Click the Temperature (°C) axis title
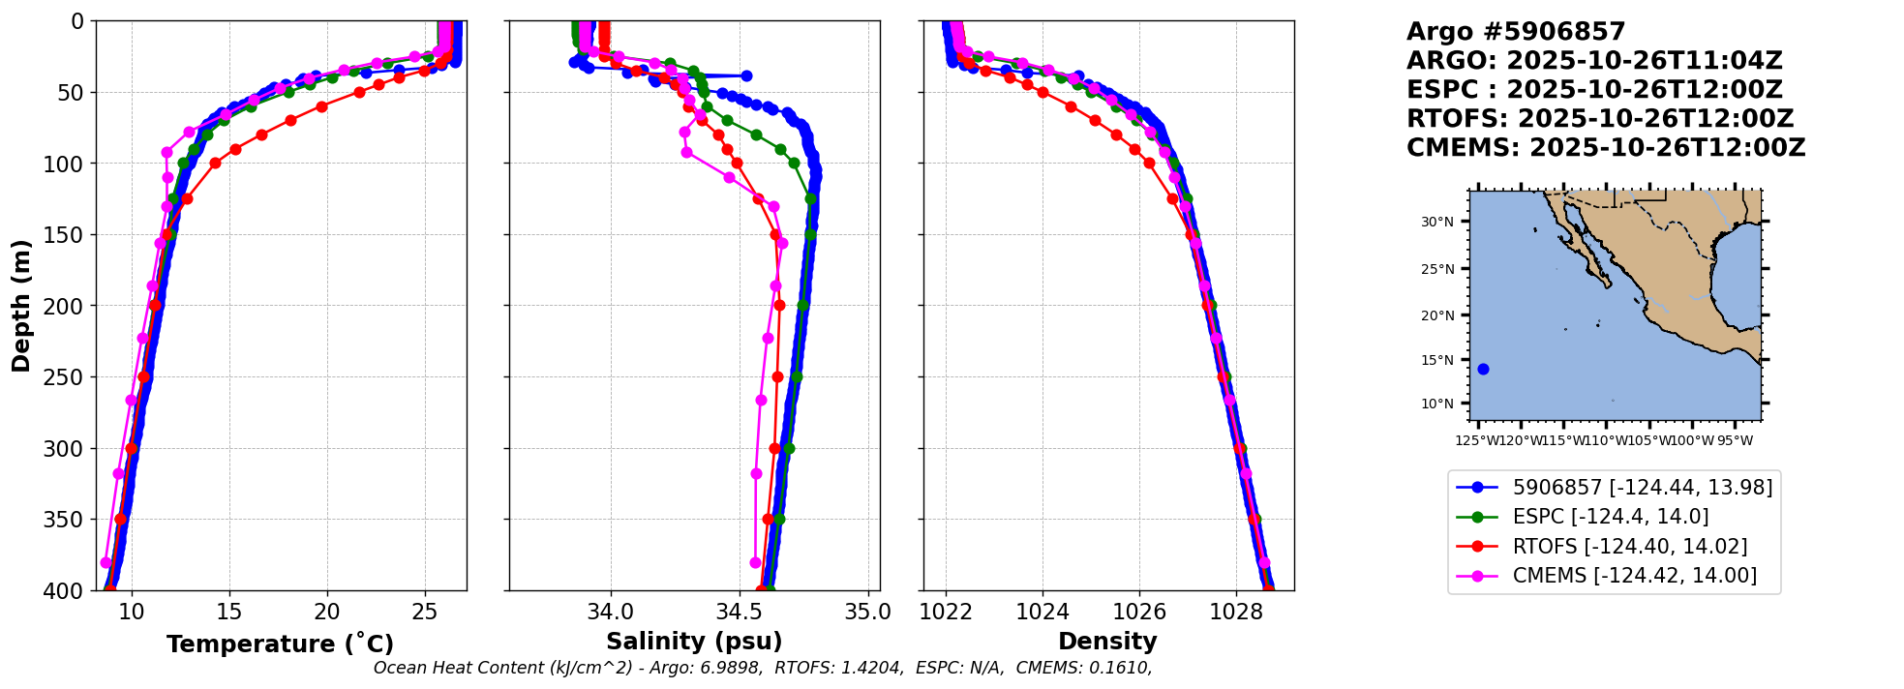click(x=280, y=644)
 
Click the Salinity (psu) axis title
click(x=694, y=642)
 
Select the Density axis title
click(x=1107, y=642)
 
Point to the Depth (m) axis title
click(x=21, y=305)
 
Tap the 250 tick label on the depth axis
click(x=69, y=377)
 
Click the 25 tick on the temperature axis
click(x=425, y=612)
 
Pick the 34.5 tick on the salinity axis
click(x=740, y=612)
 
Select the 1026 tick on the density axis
click(x=1139, y=612)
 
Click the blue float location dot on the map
click(x=1483, y=369)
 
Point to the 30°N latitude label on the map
click(x=1437, y=222)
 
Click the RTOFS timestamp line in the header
click(x=1600, y=119)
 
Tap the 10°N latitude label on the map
click(x=1437, y=404)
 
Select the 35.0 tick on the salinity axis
click(x=868, y=612)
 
